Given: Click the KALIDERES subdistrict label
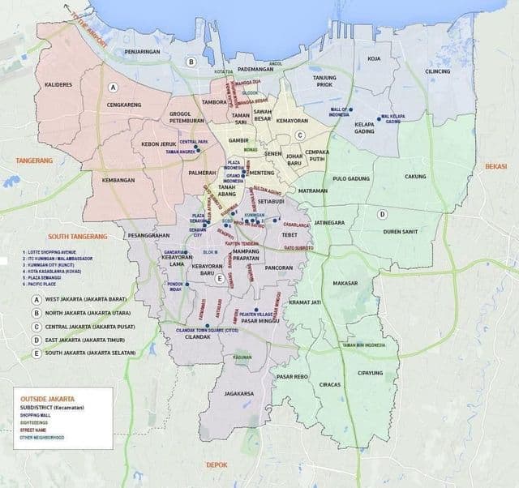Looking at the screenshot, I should (58, 84).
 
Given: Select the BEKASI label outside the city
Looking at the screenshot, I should (495, 165).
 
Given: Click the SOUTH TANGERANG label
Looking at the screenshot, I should (78, 236).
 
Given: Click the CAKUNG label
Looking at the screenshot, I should (415, 176).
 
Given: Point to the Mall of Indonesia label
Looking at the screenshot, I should (338, 111).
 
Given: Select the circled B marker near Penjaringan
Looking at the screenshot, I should (191, 62).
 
